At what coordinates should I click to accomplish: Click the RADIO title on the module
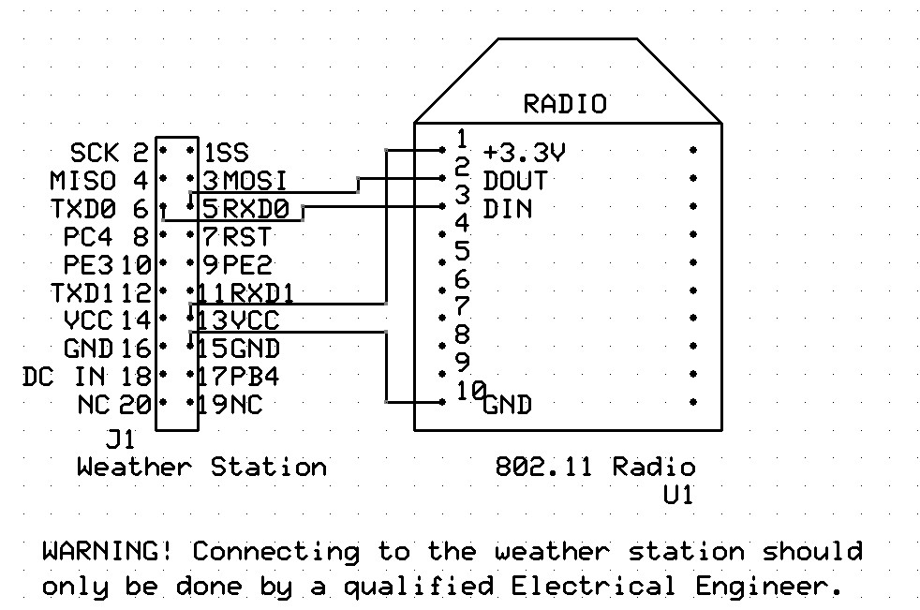coord(564,104)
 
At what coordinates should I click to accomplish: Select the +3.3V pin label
coord(526,153)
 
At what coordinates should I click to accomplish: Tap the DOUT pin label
coord(515,180)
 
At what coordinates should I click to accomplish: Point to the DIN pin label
coord(507,208)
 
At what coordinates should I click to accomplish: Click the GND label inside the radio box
coord(508,405)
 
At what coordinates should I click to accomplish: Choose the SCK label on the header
coord(95,153)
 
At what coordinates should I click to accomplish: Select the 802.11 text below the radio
coord(545,467)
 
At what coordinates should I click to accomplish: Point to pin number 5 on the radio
coord(462,251)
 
